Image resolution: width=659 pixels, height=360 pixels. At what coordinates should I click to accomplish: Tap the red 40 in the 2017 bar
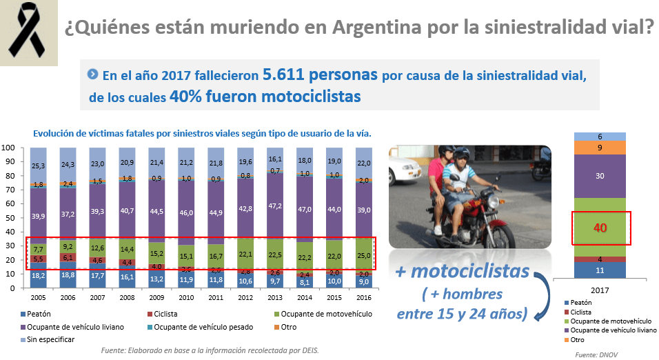(x=600, y=227)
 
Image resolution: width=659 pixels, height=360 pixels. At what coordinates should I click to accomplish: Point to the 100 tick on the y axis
(x=9, y=148)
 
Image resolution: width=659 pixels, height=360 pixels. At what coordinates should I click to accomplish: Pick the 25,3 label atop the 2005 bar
(x=38, y=166)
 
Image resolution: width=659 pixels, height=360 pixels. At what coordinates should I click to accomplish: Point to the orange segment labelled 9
(x=600, y=148)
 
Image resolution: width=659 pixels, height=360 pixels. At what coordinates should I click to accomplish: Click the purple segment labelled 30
(x=600, y=176)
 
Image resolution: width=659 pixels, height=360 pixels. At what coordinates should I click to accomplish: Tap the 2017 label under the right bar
(x=600, y=290)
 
